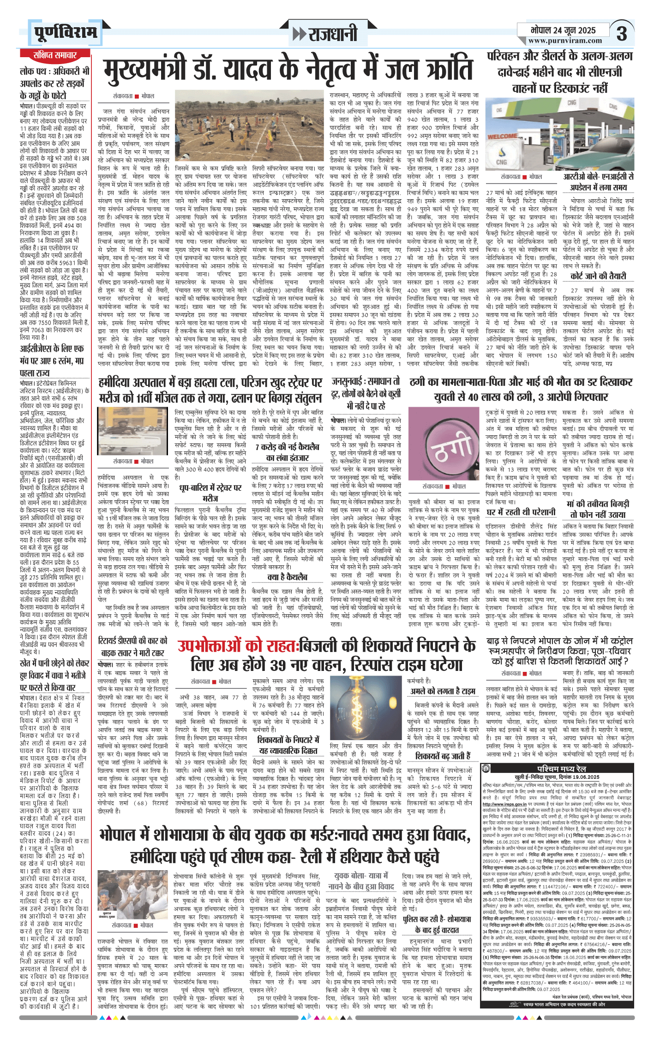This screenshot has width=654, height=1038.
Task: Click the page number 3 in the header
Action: click(622, 33)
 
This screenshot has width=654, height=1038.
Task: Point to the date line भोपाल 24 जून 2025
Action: click(563, 30)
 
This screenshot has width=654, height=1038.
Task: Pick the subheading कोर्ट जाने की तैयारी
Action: click(598, 276)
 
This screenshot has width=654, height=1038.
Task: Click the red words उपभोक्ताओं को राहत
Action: click(237, 646)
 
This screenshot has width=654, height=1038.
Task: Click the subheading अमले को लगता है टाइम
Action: click(443, 691)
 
